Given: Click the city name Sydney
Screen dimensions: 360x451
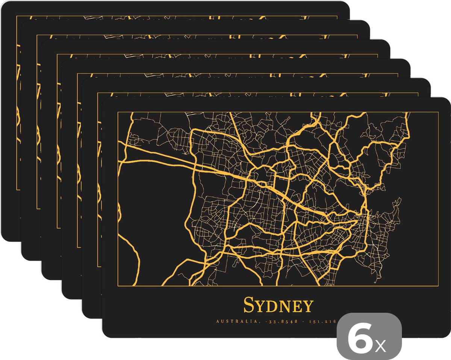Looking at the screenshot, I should [x=278, y=305].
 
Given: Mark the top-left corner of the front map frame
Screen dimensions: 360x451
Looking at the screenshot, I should [x=118, y=112].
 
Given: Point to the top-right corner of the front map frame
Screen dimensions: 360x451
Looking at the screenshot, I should [x=437, y=112].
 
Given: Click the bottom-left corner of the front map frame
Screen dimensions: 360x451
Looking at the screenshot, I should [x=118, y=286].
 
